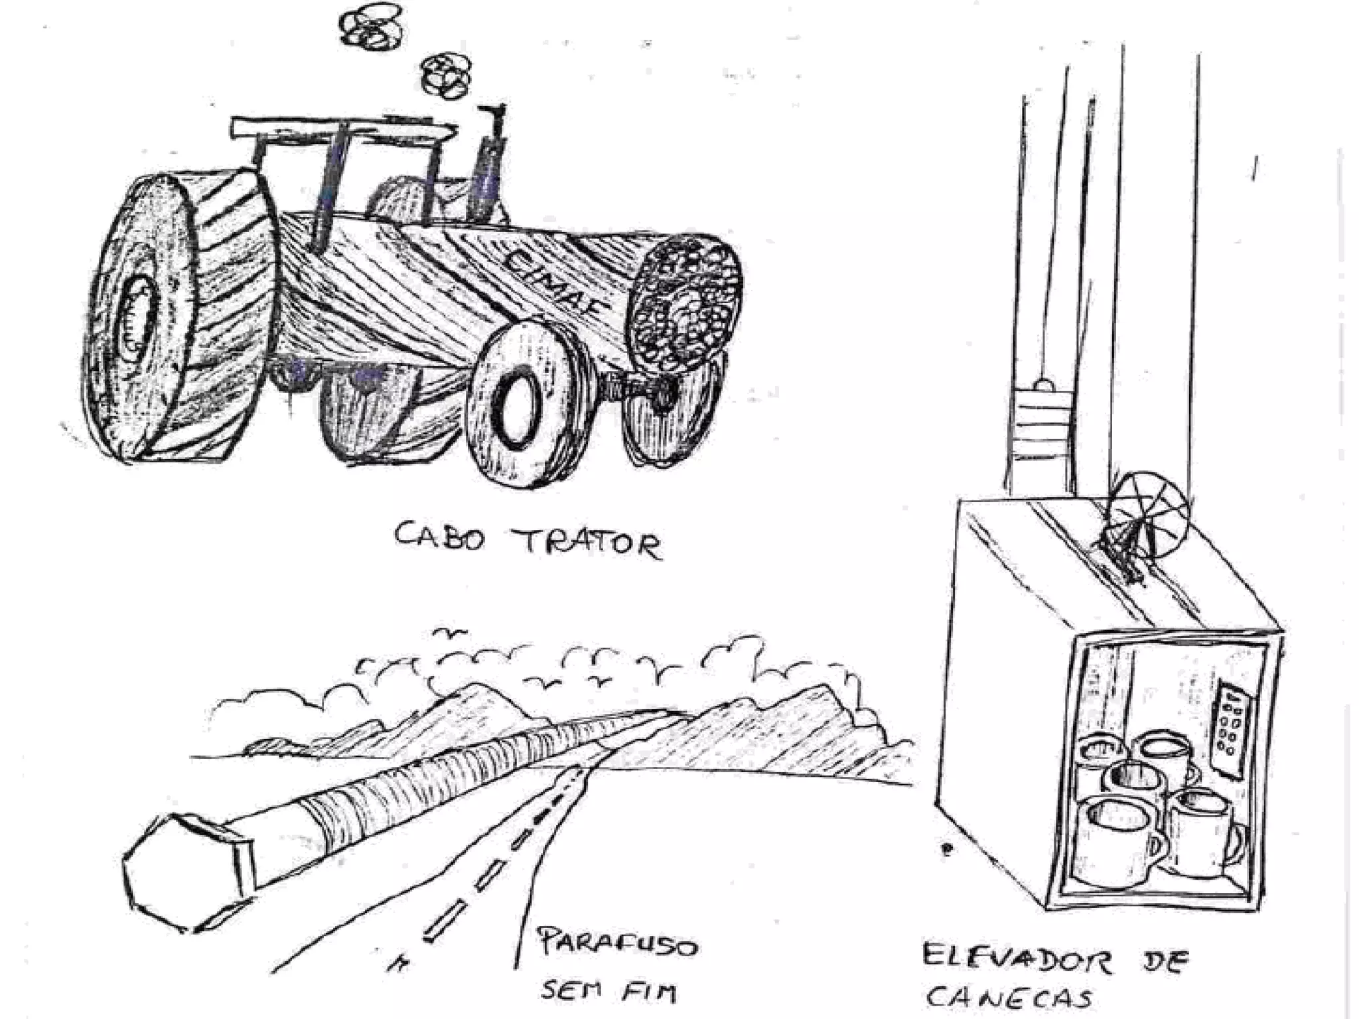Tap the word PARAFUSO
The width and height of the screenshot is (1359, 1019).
616,942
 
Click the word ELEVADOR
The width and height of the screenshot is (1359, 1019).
1015,959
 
